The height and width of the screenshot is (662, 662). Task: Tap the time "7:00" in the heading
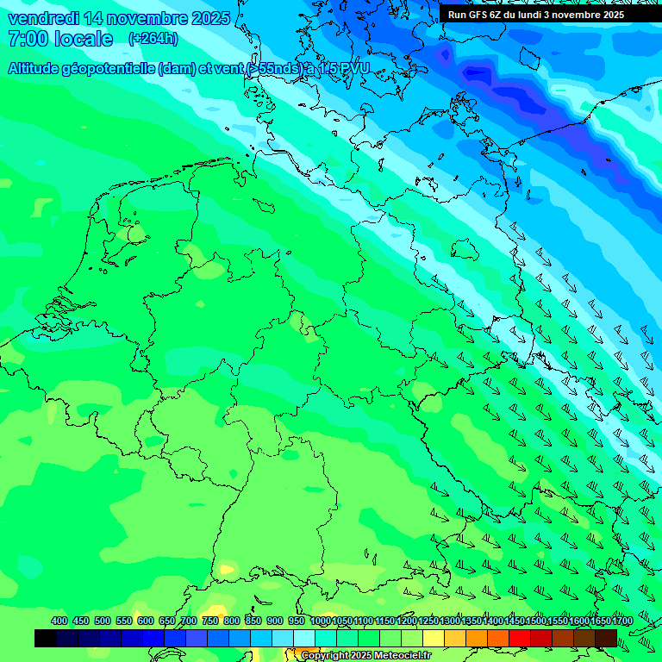click(27, 39)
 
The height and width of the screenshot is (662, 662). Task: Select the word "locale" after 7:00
click(84, 39)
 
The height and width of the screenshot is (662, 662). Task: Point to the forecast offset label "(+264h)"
click(153, 39)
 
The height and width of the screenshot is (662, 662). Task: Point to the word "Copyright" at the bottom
click(325, 656)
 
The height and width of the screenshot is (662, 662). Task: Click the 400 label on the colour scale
click(59, 621)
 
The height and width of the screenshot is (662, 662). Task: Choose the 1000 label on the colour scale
click(320, 621)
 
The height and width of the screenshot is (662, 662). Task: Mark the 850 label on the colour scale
click(253, 621)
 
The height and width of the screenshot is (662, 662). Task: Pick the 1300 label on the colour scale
click(450, 621)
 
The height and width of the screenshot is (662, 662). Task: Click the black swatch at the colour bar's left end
click(45, 638)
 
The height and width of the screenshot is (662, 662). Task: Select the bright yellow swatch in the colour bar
click(434, 638)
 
